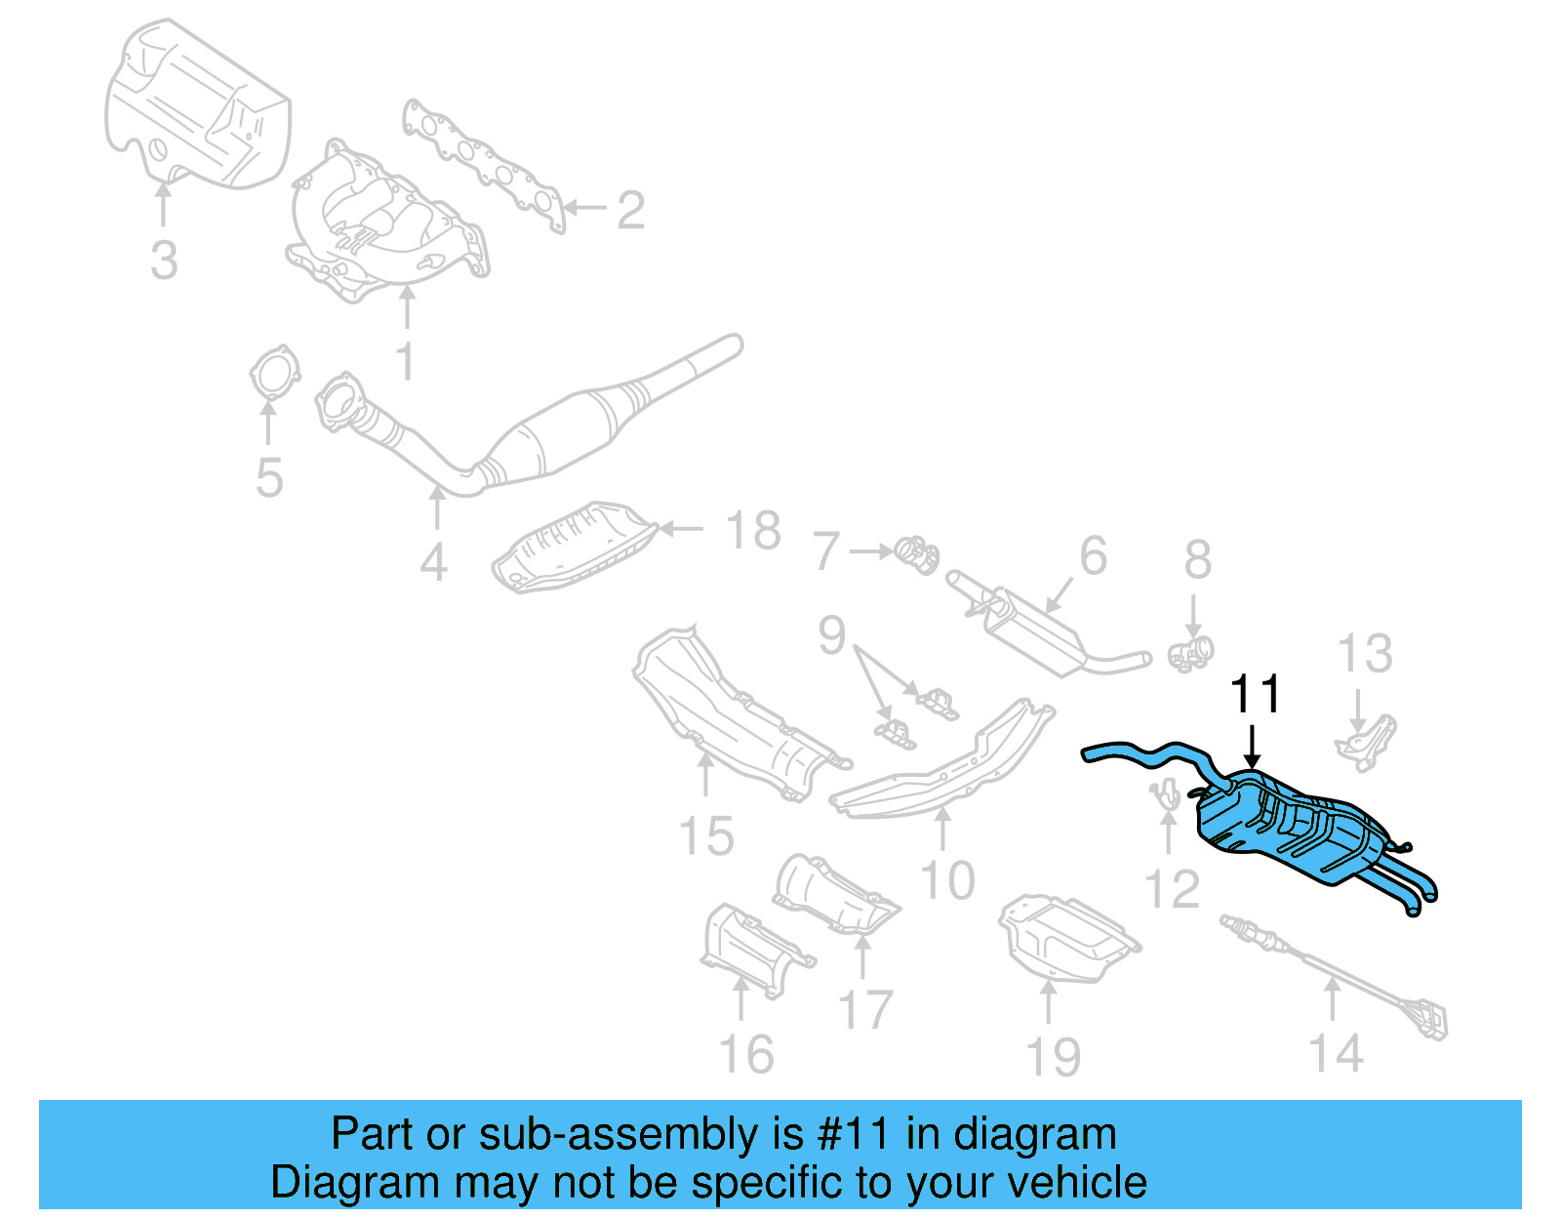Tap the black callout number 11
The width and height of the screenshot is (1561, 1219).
pyautogui.click(x=1255, y=695)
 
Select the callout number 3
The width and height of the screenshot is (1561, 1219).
pyautogui.click(x=164, y=261)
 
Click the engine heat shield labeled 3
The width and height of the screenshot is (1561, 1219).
pyautogui.click(x=195, y=107)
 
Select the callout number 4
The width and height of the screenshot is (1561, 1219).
pyautogui.click(x=434, y=562)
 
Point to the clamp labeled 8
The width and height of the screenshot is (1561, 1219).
pyautogui.click(x=1191, y=652)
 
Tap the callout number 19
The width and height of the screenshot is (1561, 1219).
pyautogui.click(x=1054, y=1057)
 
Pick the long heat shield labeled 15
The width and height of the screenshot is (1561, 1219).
pyautogui.click(x=732, y=717)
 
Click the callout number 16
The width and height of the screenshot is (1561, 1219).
pyautogui.click(x=746, y=1054)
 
